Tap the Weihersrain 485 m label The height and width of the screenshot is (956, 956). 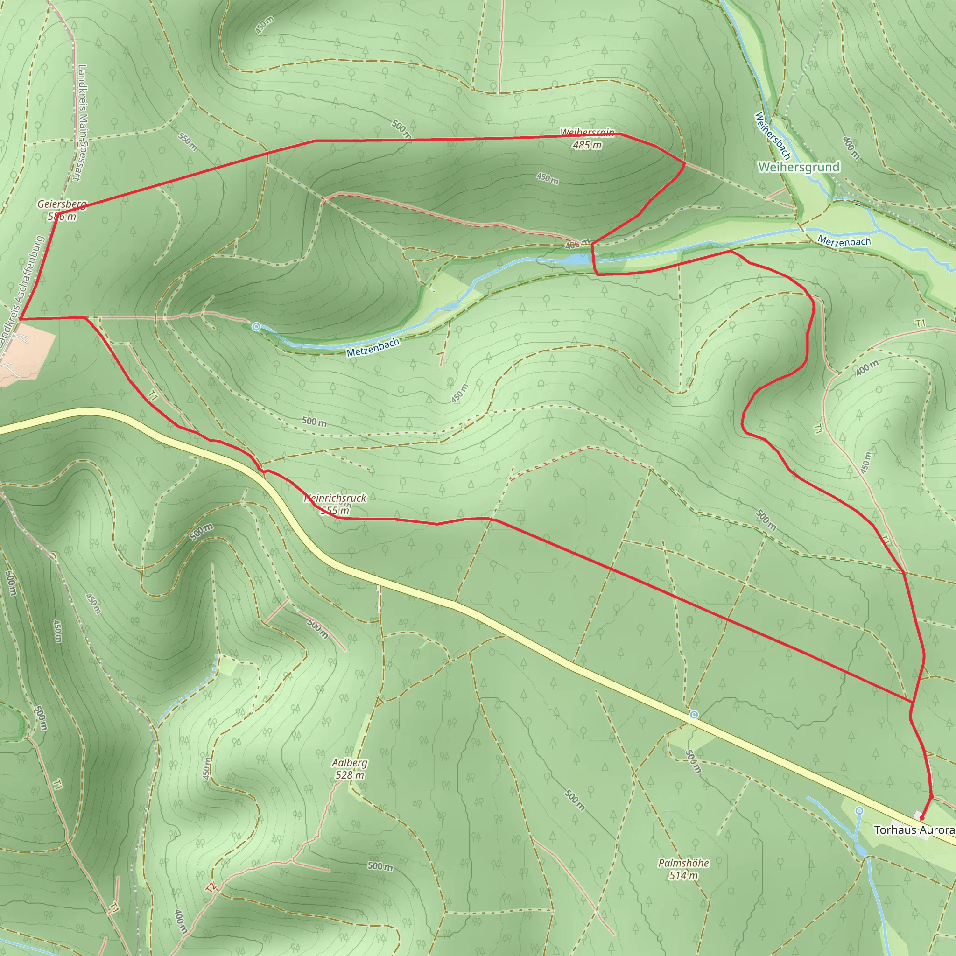pyautogui.click(x=587, y=139)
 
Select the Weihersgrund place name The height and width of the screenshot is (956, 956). pyautogui.click(x=799, y=167)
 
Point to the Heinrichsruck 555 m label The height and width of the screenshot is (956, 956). pyautogui.click(x=335, y=504)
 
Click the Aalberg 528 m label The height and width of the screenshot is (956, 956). pyautogui.click(x=349, y=769)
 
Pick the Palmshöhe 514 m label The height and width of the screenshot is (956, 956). pyautogui.click(x=683, y=869)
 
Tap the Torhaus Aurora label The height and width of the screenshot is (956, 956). pyautogui.click(x=914, y=830)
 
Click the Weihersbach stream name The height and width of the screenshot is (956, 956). pyautogui.click(x=772, y=135)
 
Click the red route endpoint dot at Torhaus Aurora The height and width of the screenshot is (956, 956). pyautogui.click(x=922, y=818)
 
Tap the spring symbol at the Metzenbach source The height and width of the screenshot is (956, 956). pyautogui.click(x=256, y=327)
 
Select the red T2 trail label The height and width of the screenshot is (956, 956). pyautogui.click(x=211, y=888)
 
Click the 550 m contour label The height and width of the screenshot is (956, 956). pyautogui.click(x=188, y=141)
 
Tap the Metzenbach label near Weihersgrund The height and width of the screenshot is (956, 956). pyautogui.click(x=844, y=241)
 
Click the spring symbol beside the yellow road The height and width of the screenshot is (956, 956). pyautogui.click(x=694, y=715)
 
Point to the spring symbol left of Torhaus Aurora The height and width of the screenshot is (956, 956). pyautogui.click(x=859, y=810)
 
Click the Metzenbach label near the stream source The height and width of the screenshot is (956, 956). pyautogui.click(x=373, y=347)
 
